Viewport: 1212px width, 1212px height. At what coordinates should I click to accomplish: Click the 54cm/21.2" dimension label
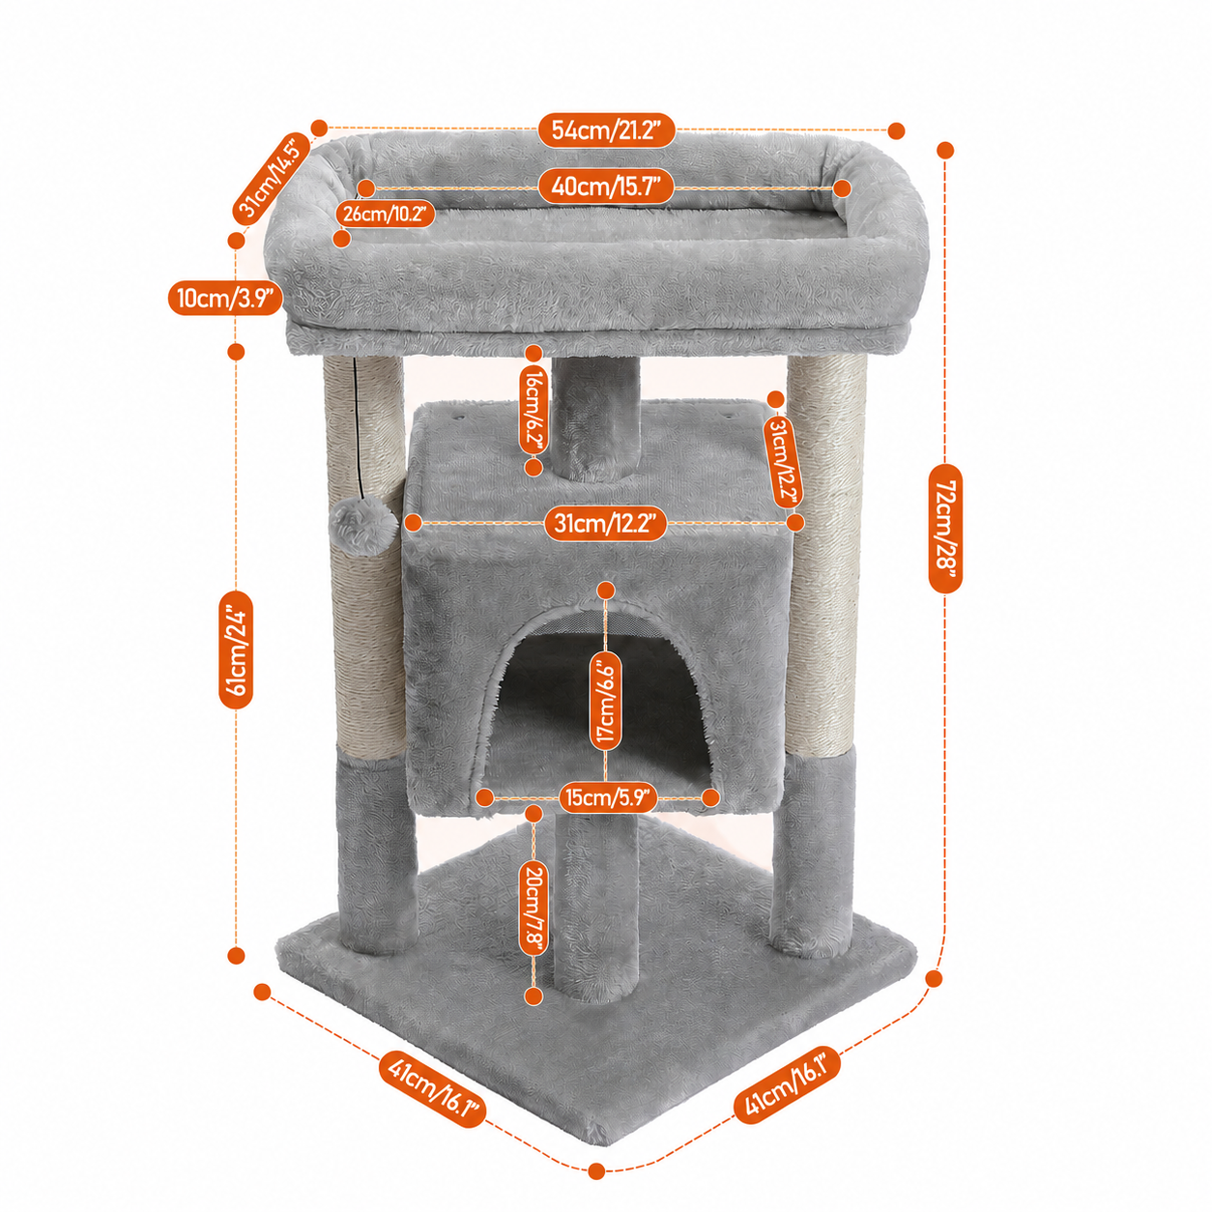click(x=607, y=130)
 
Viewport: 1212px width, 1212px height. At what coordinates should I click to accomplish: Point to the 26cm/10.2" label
click(x=385, y=214)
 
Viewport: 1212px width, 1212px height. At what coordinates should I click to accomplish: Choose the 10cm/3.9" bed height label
click(x=225, y=297)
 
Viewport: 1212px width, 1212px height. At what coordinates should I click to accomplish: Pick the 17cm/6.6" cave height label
click(x=606, y=699)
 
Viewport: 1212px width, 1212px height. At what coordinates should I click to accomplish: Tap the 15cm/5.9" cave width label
click(x=608, y=798)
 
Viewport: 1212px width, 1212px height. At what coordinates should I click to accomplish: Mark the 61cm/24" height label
click(x=236, y=649)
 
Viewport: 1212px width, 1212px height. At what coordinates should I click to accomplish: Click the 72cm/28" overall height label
click(x=945, y=529)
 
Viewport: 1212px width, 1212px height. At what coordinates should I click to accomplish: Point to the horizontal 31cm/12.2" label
click(x=605, y=523)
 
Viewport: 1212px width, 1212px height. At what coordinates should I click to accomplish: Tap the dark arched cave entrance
click(x=600, y=705)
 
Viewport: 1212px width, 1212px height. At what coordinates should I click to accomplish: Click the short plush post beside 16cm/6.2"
click(x=595, y=418)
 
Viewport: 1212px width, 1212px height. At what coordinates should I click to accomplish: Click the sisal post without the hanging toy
click(x=825, y=555)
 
